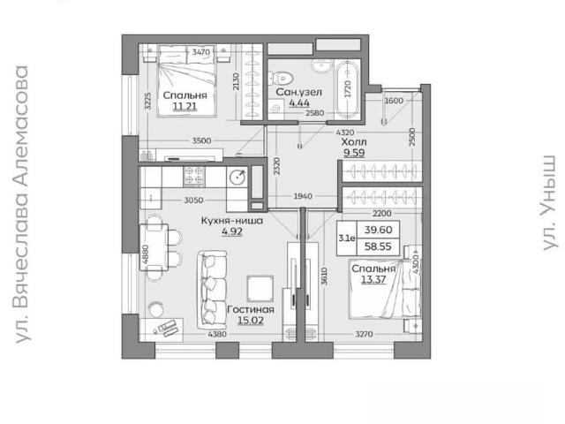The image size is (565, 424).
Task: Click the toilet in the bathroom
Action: click(x=282, y=78)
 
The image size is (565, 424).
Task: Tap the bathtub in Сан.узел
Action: click(x=348, y=88)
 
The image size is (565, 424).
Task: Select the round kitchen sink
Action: click(x=237, y=177)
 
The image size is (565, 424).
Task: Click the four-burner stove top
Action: click(x=194, y=176)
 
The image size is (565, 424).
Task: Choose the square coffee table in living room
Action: click(x=260, y=289)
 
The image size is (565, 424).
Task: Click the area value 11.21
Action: click(x=185, y=106)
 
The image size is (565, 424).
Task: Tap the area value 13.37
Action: click(x=373, y=279)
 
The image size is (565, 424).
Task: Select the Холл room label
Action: click(x=354, y=141)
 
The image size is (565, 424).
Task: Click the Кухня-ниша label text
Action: click(x=231, y=221)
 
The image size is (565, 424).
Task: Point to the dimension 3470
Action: click(x=200, y=52)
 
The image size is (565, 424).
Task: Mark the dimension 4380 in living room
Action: click(x=217, y=334)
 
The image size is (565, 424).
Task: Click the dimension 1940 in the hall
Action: click(x=303, y=196)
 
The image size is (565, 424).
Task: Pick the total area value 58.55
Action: click(x=378, y=246)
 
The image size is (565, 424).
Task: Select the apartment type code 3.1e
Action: click(x=347, y=238)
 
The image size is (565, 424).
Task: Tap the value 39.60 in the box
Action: click(x=378, y=230)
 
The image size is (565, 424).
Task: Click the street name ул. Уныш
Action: click(x=549, y=202)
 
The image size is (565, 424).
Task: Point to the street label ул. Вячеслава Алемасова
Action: click(x=21, y=204)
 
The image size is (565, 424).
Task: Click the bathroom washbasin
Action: click(x=322, y=66)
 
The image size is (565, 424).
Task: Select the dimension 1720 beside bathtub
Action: click(x=347, y=88)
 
